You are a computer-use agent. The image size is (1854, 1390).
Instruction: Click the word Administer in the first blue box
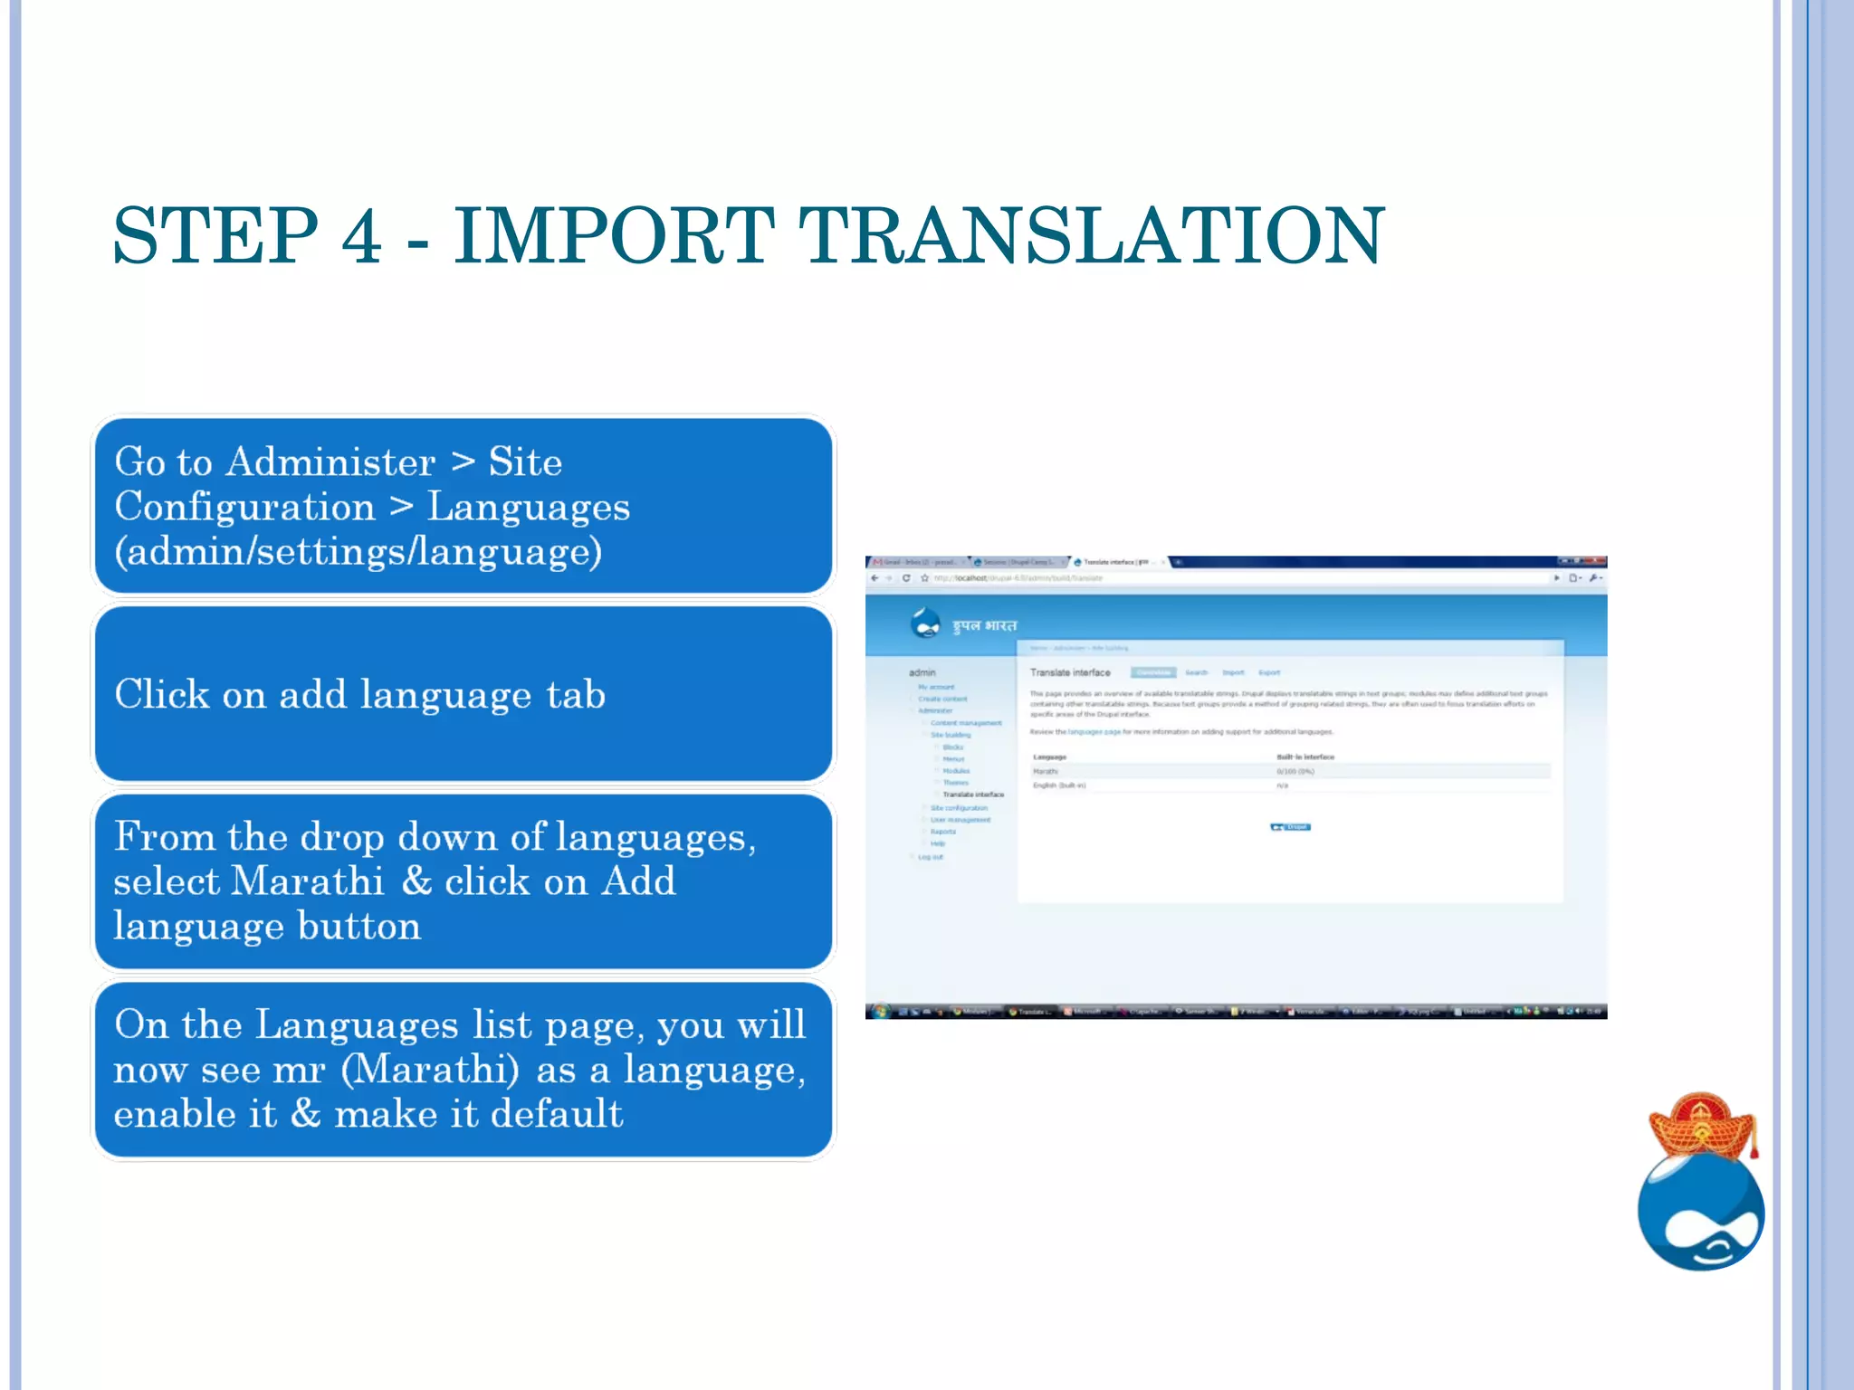pos(330,462)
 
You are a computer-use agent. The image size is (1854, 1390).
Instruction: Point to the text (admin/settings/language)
pos(358,551)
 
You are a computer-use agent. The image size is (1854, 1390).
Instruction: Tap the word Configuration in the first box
pos(244,507)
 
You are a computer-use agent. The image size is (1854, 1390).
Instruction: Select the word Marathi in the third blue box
pos(308,881)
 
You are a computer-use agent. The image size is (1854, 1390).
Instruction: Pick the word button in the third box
pos(358,927)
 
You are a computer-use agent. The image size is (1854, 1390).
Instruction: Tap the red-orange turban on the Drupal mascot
pos(1702,1125)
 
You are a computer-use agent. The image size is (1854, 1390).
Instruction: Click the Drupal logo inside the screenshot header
pos(925,624)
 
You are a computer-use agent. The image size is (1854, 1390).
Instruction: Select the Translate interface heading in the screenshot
pos(1070,672)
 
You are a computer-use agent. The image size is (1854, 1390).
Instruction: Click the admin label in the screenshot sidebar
pos(922,672)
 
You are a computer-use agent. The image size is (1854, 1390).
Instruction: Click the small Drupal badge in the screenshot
pos(1290,826)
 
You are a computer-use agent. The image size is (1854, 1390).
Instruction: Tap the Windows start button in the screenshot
pos(879,1011)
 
